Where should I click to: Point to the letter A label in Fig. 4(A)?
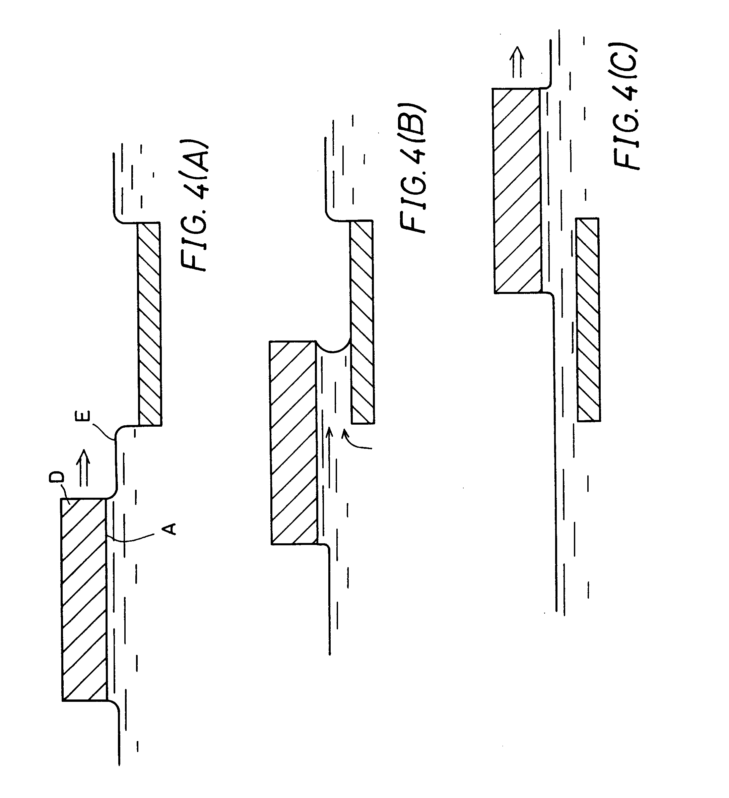click(170, 529)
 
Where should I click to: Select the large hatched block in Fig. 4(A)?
click(84, 599)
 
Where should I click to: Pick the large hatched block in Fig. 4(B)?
click(293, 442)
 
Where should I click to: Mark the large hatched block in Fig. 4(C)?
click(517, 190)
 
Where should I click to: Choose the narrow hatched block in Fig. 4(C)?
click(588, 319)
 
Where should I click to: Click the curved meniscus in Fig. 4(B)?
click(334, 348)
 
